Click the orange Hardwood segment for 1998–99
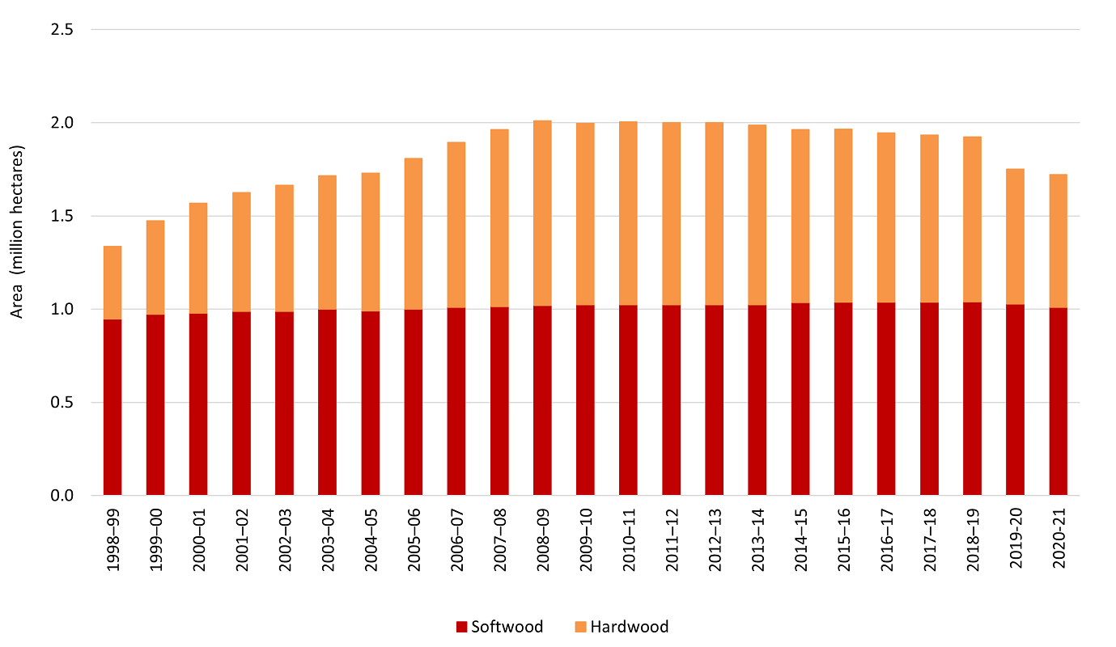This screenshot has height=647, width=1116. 112,282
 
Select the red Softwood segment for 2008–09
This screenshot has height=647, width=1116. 542,400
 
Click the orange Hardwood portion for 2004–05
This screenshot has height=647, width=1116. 370,242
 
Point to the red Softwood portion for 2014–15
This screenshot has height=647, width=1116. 800,399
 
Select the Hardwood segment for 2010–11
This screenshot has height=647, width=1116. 628,214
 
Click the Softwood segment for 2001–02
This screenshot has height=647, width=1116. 241,403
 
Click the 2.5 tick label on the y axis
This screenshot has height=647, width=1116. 62,30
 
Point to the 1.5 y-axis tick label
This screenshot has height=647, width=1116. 62,216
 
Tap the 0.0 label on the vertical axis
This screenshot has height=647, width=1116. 62,495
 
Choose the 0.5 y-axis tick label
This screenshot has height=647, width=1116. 62,402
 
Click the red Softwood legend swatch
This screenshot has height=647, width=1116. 462,627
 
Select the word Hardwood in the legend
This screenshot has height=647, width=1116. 629,627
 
